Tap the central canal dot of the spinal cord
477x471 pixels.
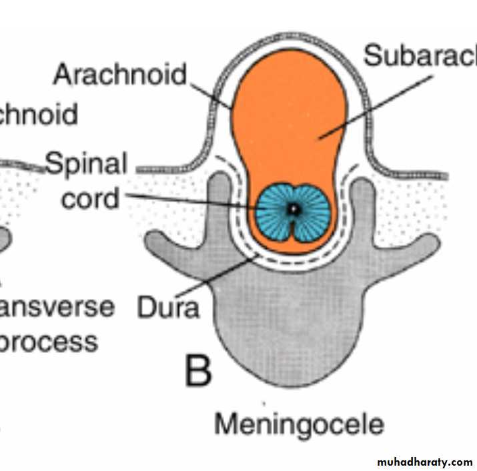tap(292, 209)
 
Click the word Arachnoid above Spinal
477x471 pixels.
tap(120, 74)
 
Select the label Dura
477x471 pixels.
tap(167, 308)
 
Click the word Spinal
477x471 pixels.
tap(86, 163)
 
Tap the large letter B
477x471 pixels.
tap(198, 372)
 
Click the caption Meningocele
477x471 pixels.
tap(300, 424)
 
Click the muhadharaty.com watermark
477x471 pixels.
tap(424, 462)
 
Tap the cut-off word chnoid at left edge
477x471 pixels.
tap(39, 114)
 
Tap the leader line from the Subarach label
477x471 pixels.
tap(374, 107)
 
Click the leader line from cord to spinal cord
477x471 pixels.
tap(193, 199)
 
